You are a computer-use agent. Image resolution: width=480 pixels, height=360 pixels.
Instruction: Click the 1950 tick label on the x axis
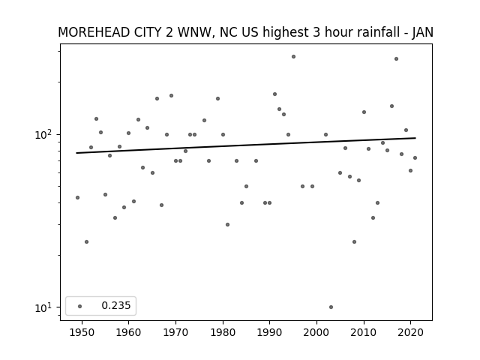click(x=82, y=332)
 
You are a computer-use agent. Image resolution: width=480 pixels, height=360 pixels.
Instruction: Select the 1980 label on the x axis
click(x=223, y=332)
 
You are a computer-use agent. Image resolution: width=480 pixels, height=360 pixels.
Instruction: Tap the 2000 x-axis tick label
click(x=316, y=332)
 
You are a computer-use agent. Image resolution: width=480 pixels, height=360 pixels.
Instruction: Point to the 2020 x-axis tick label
click(x=411, y=332)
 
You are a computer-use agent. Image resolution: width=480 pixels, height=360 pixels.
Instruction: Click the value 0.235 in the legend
click(x=116, y=305)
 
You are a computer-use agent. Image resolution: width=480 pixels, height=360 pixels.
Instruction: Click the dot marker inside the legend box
click(x=80, y=306)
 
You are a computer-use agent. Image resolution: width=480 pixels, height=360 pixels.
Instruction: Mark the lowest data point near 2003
click(x=331, y=307)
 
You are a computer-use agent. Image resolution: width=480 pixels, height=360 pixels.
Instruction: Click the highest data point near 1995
click(x=293, y=57)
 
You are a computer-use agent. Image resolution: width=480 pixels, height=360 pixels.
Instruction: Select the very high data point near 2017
click(x=397, y=58)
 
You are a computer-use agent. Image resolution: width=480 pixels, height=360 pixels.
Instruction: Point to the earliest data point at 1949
click(x=77, y=198)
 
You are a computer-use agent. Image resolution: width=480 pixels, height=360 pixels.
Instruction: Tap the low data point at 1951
click(x=87, y=241)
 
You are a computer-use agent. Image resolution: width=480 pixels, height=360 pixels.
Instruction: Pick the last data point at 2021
click(x=415, y=158)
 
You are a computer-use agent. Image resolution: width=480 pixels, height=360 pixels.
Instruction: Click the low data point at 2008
click(x=354, y=241)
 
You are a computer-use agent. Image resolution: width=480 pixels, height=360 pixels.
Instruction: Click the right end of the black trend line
click(x=415, y=138)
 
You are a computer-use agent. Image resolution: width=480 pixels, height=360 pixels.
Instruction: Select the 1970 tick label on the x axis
click(x=175, y=332)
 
